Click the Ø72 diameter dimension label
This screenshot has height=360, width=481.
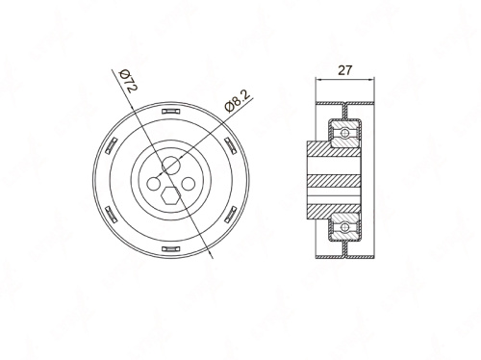128,80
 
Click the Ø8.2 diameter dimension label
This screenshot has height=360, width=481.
238,101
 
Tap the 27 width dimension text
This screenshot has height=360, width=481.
345,70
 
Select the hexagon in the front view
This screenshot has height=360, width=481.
170,194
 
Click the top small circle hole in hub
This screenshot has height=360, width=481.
170,166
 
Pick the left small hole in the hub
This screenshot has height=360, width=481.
154,184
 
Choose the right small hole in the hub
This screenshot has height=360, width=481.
189,184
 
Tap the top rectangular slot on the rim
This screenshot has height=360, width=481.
171,112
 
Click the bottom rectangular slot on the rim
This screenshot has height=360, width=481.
171,249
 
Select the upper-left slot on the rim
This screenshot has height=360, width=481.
112,145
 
